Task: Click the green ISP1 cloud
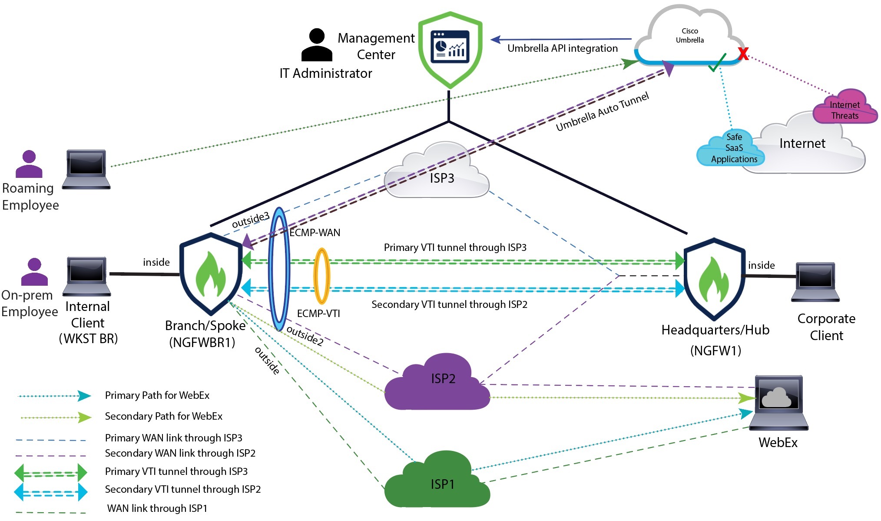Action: click(437, 483)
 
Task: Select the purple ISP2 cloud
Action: click(437, 383)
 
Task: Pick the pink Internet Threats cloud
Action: click(845, 108)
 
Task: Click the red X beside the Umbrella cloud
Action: click(743, 54)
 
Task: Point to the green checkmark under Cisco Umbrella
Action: click(717, 63)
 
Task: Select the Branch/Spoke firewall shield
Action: click(211, 274)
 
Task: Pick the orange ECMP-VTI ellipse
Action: click(321, 276)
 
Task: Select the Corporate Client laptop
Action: click(815, 282)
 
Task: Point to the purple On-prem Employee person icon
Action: click(34, 272)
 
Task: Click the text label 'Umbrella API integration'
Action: click(562, 48)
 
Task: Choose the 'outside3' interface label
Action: click(250, 220)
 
